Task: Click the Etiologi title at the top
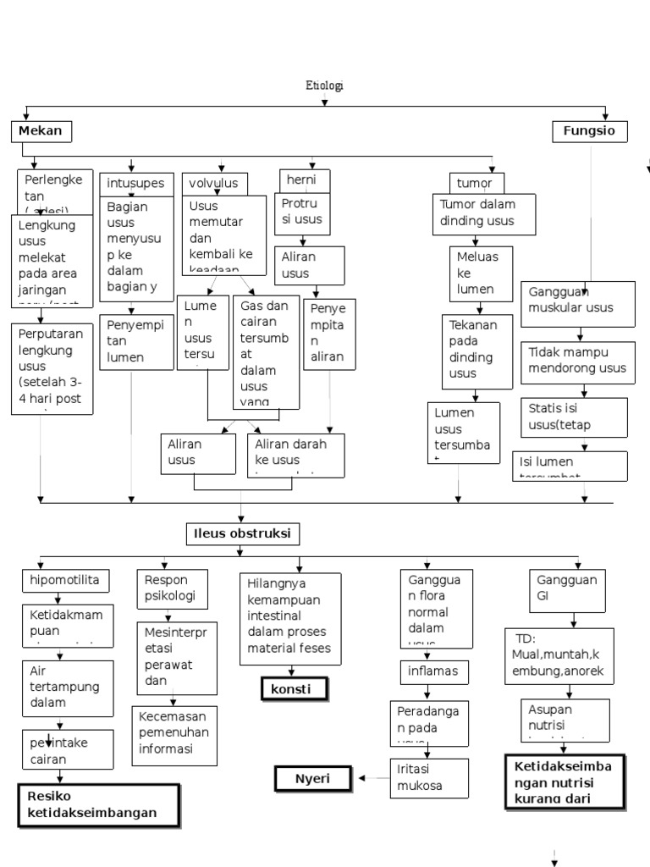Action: point(324,86)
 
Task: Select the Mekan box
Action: point(41,131)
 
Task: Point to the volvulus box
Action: point(215,183)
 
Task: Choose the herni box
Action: point(305,180)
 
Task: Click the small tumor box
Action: point(476,183)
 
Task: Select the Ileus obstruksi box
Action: point(242,534)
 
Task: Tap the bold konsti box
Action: point(293,689)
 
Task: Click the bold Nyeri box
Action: point(313,777)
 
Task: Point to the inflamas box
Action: point(434,671)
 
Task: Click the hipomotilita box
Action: point(66,581)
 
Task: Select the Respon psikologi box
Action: point(172,588)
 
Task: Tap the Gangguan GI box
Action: point(568,590)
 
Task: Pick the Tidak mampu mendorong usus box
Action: point(577,360)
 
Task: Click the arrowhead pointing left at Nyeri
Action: point(361,777)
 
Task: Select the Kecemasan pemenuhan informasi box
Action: point(174,736)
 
